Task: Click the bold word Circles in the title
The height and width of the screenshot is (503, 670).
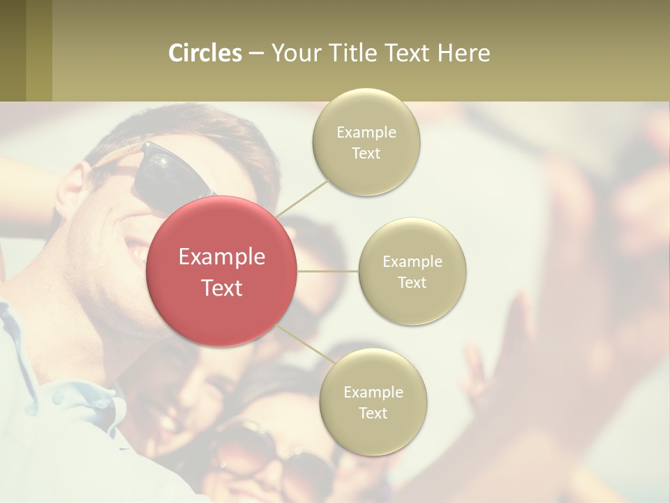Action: pyautogui.click(x=205, y=53)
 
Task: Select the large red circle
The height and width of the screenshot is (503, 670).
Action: pyautogui.click(x=222, y=271)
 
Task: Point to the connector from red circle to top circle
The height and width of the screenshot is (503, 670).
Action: pyautogui.click(x=301, y=198)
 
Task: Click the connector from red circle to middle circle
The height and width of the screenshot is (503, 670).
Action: pyautogui.click(x=327, y=271)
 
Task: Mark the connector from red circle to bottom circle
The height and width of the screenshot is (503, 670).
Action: pyautogui.click(x=306, y=347)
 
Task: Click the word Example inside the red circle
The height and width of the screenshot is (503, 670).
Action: pyautogui.click(x=222, y=257)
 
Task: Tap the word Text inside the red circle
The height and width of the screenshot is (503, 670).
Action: pyautogui.click(x=222, y=288)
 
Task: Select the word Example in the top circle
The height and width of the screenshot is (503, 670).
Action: pyautogui.click(x=366, y=132)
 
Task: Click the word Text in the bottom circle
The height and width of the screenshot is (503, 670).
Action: pyautogui.click(x=373, y=413)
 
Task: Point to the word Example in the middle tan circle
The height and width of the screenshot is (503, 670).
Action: pyautogui.click(x=412, y=261)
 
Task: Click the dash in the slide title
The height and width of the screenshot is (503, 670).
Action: pyautogui.click(x=256, y=54)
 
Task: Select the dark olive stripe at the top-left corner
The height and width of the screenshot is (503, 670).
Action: pyautogui.click(x=13, y=50)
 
